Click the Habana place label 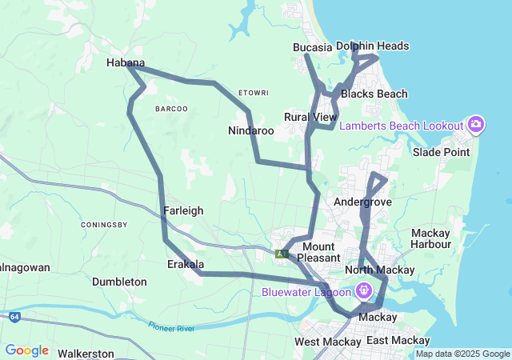coord(126,62)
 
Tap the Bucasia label coord(312,47)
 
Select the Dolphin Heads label coord(372,46)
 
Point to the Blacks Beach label coord(374,94)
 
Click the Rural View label coord(310,118)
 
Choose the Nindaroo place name coord(251,130)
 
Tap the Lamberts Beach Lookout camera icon coord(476,125)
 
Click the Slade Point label coord(442,152)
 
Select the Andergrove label coord(362,202)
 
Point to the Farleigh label coord(183,210)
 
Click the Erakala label coord(186,264)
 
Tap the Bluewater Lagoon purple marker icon coord(366,290)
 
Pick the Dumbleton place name coord(120,282)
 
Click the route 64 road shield coord(15,317)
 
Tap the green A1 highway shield coord(281,254)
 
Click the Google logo coord(26,350)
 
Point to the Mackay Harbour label coord(430,238)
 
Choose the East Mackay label coord(398,341)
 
